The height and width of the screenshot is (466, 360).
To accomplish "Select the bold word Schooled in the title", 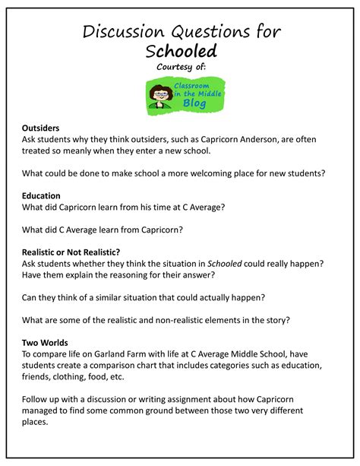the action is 181,51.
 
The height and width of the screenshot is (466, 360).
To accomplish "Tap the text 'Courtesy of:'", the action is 181,67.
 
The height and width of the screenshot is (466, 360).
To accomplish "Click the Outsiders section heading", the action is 41,128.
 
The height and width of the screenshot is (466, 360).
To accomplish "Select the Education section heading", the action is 41,195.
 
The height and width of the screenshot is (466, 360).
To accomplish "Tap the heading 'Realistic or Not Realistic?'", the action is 72,252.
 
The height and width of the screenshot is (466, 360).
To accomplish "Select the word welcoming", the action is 214,173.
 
